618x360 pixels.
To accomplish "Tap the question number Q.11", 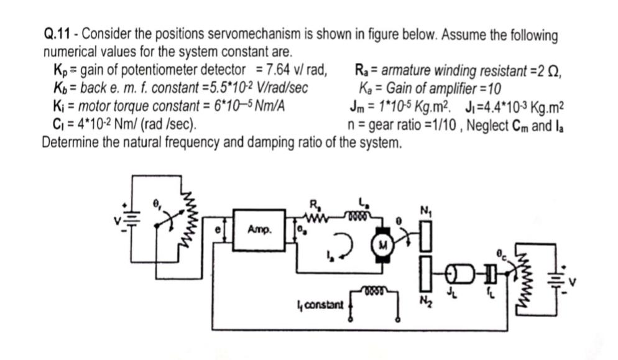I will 59,35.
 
